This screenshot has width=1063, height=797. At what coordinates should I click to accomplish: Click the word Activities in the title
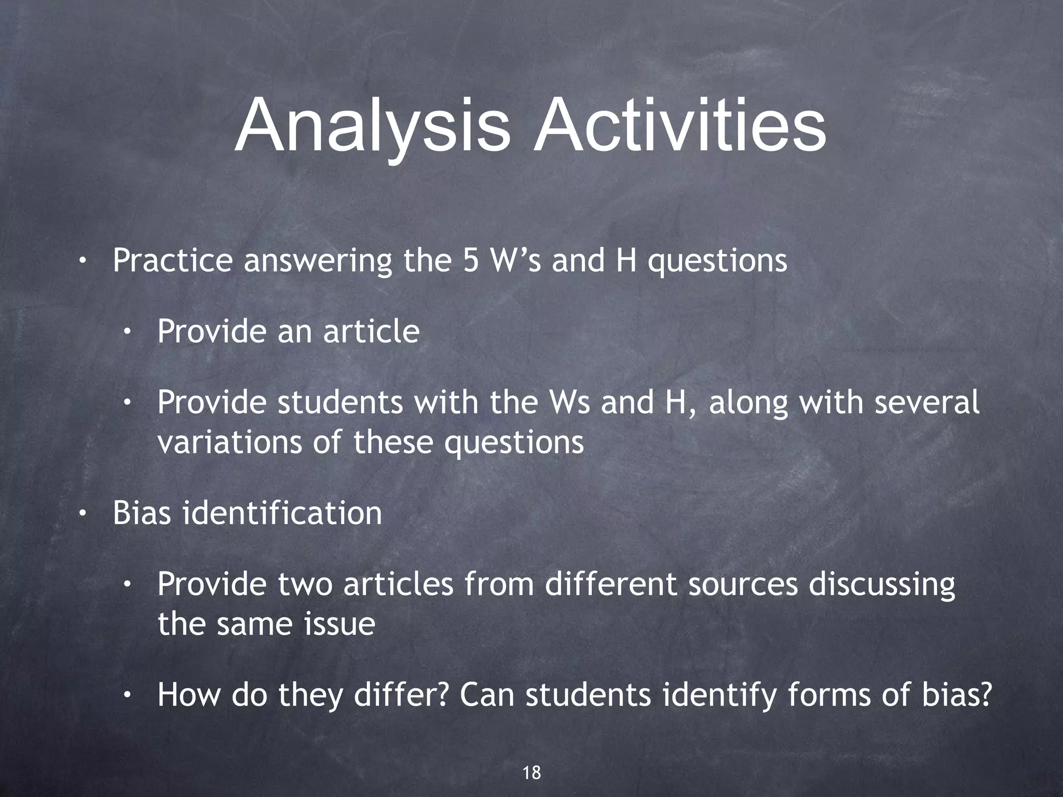(680, 127)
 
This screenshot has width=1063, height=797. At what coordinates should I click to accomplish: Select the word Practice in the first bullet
(172, 260)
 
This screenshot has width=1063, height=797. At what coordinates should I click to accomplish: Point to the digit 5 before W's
(471, 260)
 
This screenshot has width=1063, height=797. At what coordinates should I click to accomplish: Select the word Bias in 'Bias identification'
(142, 513)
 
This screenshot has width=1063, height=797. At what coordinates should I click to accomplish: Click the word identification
(281, 513)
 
